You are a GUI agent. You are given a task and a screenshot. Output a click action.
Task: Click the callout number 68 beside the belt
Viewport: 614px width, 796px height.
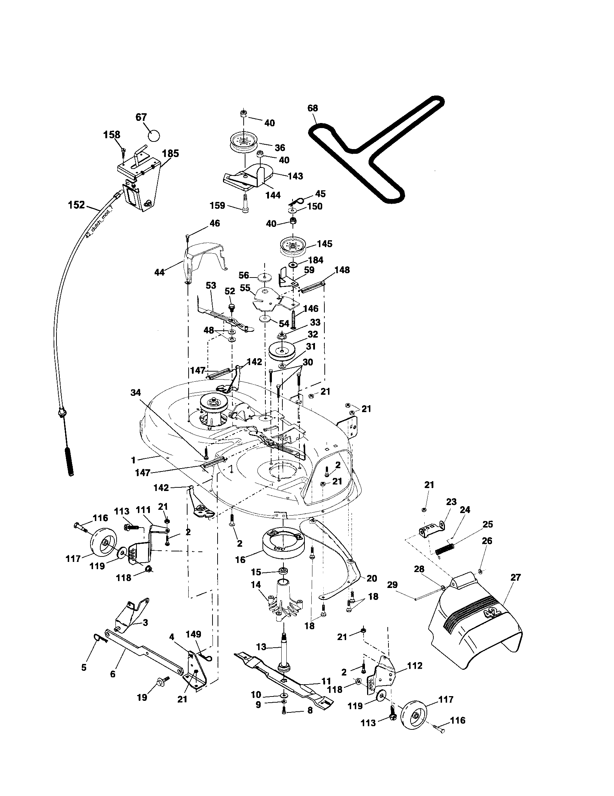[312, 108]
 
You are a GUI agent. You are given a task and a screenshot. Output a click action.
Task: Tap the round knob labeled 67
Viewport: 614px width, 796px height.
[154, 136]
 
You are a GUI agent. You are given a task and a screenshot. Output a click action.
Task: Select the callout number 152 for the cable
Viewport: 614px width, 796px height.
[76, 205]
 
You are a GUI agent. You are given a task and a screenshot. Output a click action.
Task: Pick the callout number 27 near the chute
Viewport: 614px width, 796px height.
[516, 577]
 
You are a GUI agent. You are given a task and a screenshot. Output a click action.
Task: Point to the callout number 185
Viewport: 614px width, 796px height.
[170, 153]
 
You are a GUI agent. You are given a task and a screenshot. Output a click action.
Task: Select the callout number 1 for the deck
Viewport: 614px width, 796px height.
[134, 460]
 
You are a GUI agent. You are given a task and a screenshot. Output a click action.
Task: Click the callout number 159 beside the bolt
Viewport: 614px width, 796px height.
[218, 206]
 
